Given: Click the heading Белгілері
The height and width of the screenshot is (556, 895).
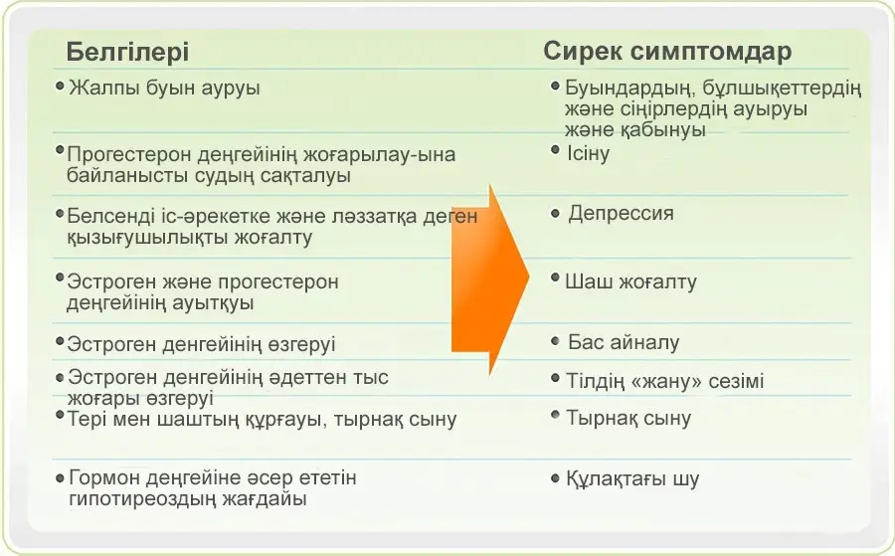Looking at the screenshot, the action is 127,52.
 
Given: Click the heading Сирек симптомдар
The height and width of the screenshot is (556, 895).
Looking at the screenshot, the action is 667,51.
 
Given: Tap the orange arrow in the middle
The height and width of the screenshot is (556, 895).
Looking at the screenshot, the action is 490,279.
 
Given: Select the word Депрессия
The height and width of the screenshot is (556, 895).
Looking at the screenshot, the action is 621,214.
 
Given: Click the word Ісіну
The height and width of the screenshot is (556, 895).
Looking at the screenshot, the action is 588,153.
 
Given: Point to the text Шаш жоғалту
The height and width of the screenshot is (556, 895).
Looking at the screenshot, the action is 630,282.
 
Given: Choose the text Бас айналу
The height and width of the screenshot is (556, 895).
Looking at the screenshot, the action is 624,342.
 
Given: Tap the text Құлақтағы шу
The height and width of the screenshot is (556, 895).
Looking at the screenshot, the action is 632,479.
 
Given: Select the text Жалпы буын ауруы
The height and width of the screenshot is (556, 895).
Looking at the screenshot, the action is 164,88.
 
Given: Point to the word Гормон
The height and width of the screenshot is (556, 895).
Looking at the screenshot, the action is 104,477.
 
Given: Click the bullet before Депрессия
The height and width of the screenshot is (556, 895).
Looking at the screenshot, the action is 555,214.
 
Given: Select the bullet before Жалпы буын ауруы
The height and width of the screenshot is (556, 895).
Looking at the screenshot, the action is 60,87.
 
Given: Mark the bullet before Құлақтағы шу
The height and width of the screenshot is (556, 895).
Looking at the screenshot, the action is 555,477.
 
